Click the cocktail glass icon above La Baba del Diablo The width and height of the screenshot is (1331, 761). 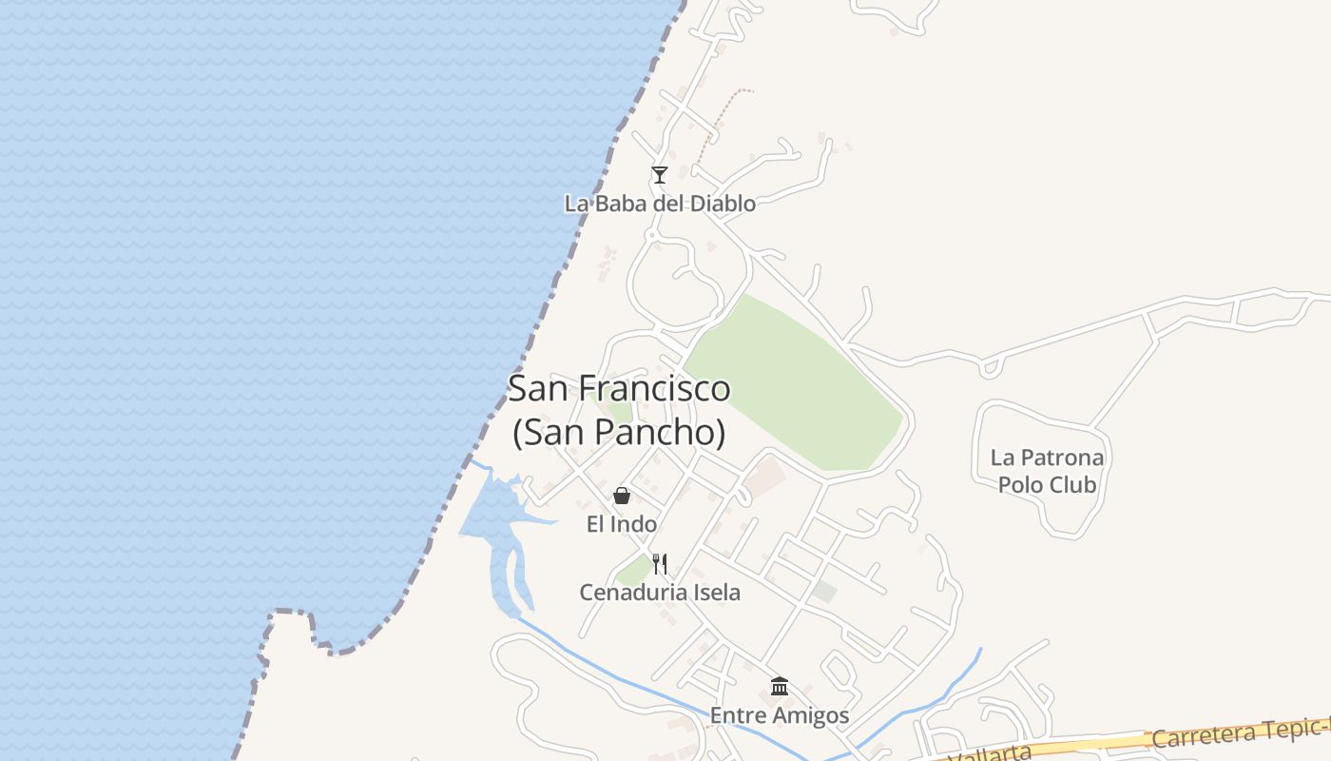coord(659,174)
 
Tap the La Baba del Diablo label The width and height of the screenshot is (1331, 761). coord(660,204)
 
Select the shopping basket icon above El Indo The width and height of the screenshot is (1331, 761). coord(621,496)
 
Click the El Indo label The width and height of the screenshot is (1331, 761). coord(621,524)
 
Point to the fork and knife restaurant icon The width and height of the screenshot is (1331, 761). coord(660,564)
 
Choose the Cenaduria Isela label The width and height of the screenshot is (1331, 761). coord(660,593)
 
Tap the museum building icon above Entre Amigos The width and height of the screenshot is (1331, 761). coord(780,686)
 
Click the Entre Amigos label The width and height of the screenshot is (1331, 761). coord(780,715)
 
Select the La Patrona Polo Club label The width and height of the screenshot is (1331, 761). coord(1047,471)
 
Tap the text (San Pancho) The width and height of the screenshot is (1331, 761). coord(619,432)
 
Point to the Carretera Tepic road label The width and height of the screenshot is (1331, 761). coord(1236,732)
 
